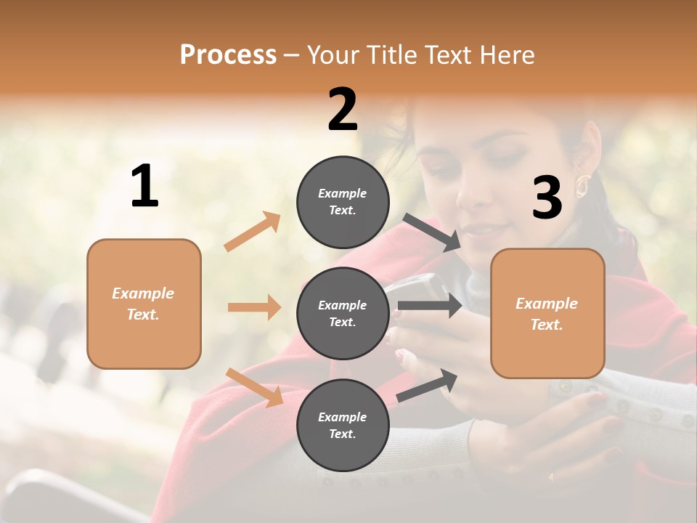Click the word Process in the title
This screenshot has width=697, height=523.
click(228, 55)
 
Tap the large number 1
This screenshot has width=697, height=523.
click(144, 187)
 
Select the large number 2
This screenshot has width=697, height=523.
click(343, 110)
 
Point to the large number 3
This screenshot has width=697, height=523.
click(547, 198)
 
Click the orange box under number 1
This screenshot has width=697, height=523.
click(144, 304)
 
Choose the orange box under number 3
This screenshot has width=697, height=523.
click(547, 313)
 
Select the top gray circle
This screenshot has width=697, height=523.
click(343, 202)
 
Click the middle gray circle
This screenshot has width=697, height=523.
click(343, 313)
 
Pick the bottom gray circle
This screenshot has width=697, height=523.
click(343, 425)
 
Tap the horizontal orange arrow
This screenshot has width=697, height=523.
click(254, 307)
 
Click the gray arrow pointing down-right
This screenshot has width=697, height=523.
click(432, 232)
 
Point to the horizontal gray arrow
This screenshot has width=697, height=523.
click(429, 305)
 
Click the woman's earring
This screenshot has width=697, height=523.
click(582, 186)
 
